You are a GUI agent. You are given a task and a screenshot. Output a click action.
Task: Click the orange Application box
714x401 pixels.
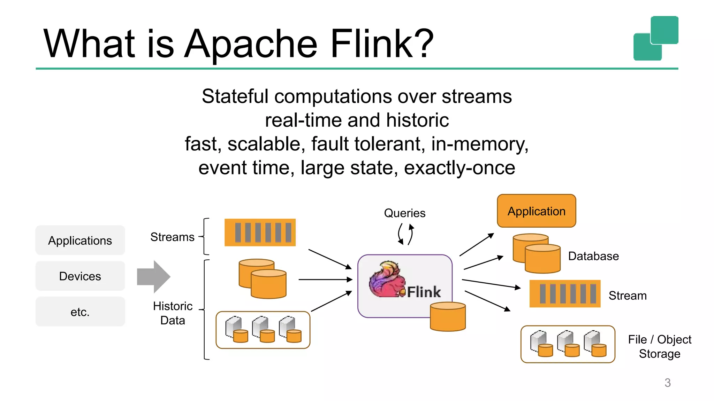pos(536,211)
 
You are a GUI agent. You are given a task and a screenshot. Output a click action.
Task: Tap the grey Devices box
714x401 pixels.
pos(80,276)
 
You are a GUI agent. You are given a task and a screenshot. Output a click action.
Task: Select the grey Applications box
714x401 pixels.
pos(80,241)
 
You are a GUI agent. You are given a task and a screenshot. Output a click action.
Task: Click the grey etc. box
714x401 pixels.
pos(80,312)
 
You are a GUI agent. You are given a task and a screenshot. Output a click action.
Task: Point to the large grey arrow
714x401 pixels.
pos(153,277)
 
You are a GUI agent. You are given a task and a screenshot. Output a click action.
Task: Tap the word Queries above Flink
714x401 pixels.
pos(404,213)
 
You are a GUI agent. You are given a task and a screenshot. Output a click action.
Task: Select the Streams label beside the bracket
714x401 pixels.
pos(172,237)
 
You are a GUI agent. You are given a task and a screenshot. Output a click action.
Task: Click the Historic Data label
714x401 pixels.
pos(173,313)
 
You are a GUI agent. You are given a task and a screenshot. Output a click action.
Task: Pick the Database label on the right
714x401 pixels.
pos(593,256)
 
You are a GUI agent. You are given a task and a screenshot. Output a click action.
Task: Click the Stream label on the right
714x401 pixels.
pos(627,296)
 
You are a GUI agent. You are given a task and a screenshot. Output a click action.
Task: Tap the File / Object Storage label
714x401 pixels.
pos(659,346)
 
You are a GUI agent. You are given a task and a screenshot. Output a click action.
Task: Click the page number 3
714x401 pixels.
pos(667,383)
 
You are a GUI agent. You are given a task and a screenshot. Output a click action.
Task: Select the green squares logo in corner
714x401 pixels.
pos(655,38)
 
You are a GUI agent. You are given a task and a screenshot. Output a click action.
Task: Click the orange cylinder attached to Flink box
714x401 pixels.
pos(448,317)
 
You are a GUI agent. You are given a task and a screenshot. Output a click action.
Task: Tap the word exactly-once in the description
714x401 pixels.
pos(459,168)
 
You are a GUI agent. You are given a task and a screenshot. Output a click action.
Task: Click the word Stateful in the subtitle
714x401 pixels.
pos(235,96)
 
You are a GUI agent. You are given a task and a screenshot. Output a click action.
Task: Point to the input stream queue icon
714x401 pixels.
pos(260,233)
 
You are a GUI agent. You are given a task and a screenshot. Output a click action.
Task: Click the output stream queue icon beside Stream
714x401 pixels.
pos(565,293)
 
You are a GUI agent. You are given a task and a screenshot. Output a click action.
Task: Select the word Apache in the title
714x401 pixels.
pos(250,44)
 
